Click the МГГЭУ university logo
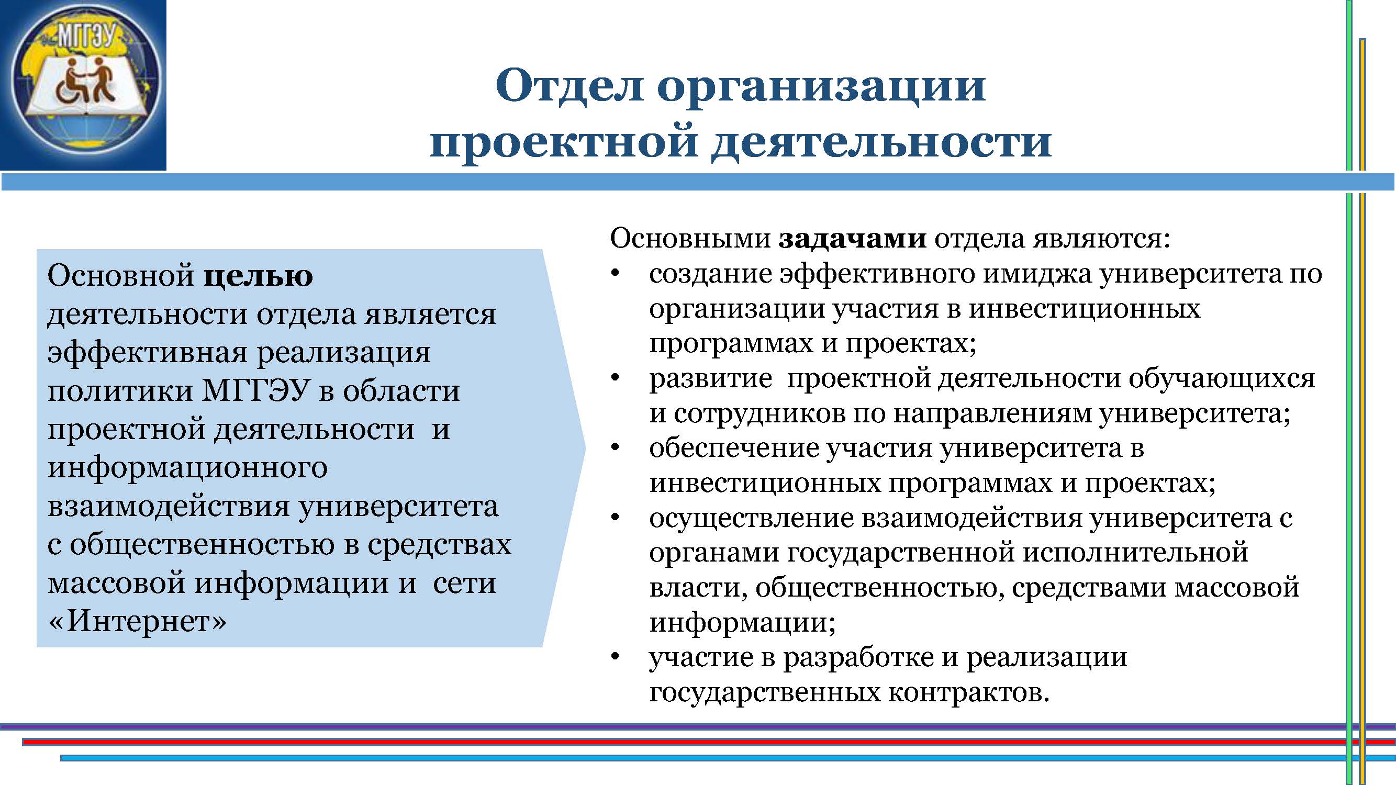pyautogui.click(x=83, y=85)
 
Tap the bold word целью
pyautogui.click(x=259, y=276)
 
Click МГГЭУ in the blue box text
pyautogui.click(x=256, y=391)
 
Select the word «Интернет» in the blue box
pyautogui.click(x=137, y=621)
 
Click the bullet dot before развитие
pyautogui.click(x=615, y=378)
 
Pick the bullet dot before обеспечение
pyautogui.click(x=615, y=447)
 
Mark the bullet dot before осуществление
pyautogui.click(x=615, y=518)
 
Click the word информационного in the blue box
pyautogui.click(x=187, y=469)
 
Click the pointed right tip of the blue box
pyautogui.click(x=585, y=448)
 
